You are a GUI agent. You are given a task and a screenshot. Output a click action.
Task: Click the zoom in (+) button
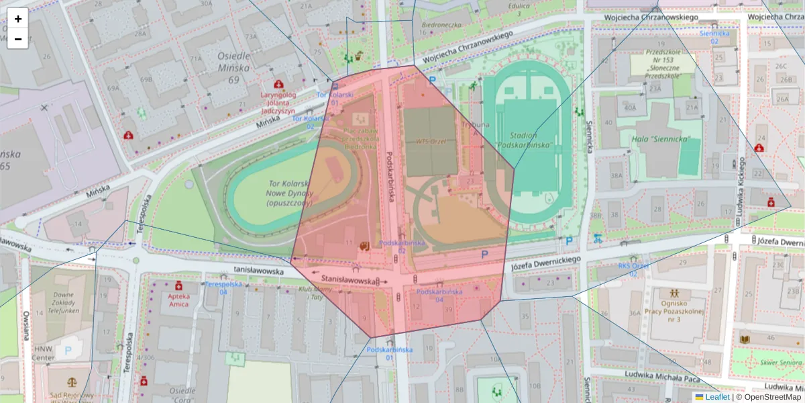pos(18,19)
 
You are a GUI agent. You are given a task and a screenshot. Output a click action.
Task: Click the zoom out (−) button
pos(18,39)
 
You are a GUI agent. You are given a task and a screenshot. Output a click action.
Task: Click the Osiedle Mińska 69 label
pos(233,68)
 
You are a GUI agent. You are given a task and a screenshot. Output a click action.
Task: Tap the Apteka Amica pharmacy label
pos(178,300)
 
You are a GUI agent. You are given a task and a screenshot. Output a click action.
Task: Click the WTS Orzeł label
pos(431,142)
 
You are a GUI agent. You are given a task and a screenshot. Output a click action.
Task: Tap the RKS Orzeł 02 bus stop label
pos(633,269)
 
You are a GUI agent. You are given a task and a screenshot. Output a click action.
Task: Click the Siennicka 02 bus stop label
pos(714,36)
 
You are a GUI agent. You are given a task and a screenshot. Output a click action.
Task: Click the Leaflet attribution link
pos(717,397)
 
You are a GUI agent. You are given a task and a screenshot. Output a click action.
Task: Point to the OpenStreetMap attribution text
pos(772,397)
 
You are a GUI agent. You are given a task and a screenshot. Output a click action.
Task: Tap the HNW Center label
pos(43,354)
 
